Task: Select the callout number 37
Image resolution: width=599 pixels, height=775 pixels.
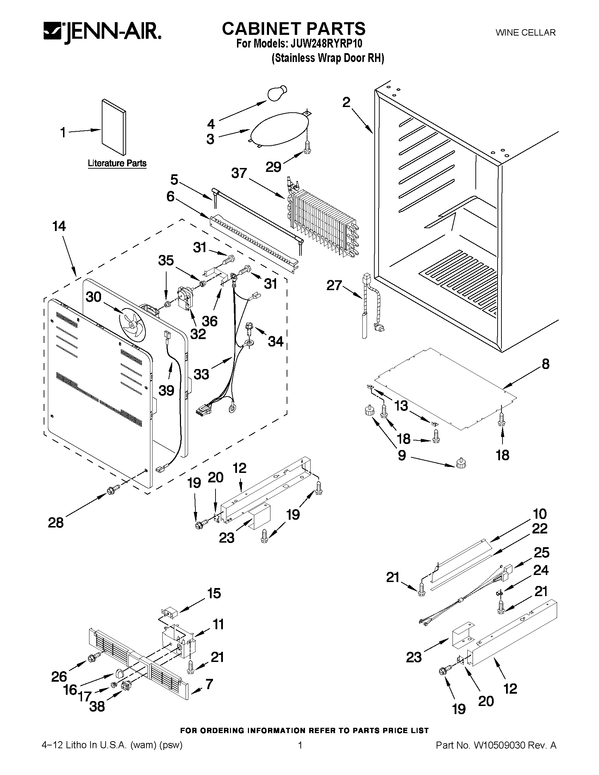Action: point(239,173)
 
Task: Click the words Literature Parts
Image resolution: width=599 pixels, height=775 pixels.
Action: point(117,163)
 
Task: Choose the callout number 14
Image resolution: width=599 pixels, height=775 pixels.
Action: point(59,226)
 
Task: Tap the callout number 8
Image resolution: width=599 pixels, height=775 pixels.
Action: point(545,364)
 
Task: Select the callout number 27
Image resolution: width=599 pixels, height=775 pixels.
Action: point(334,285)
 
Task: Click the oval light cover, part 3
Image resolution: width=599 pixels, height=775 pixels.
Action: point(280,129)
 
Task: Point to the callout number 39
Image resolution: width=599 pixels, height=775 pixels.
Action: point(167,391)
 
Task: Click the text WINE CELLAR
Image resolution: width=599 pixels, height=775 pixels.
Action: point(525,33)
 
